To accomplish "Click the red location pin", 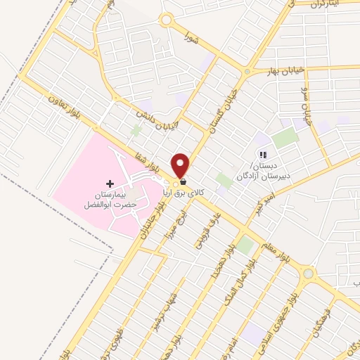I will (x=181, y=165).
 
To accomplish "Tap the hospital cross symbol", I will (x=109, y=183).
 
